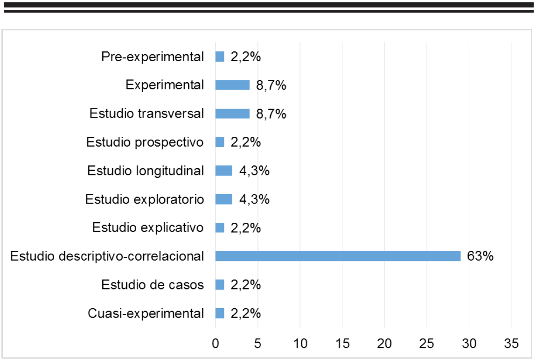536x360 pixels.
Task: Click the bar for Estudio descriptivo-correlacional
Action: [x=338, y=256]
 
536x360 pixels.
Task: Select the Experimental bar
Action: [x=232, y=85]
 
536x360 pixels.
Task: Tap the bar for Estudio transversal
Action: [x=232, y=113]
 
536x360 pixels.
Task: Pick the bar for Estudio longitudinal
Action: [x=224, y=170]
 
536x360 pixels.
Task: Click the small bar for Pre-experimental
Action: [x=220, y=57]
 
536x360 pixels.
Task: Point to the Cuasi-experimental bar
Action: [x=220, y=313]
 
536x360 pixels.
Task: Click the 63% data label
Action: [x=480, y=256]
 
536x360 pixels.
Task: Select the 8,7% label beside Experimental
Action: [x=271, y=85]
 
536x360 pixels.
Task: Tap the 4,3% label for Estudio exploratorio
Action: [x=254, y=199]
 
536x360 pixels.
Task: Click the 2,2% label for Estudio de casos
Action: [x=245, y=284]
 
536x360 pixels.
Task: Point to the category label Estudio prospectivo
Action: [x=145, y=142]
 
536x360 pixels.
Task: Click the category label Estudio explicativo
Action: [x=148, y=228]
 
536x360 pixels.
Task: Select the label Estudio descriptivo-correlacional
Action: [x=107, y=256]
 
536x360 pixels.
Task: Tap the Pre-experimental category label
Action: [x=153, y=57]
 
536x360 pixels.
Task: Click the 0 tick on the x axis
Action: [x=216, y=344]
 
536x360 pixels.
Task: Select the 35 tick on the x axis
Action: [x=511, y=344]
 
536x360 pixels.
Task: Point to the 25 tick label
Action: [x=427, y=344]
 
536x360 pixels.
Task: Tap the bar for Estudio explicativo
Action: [x=220, y=227]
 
